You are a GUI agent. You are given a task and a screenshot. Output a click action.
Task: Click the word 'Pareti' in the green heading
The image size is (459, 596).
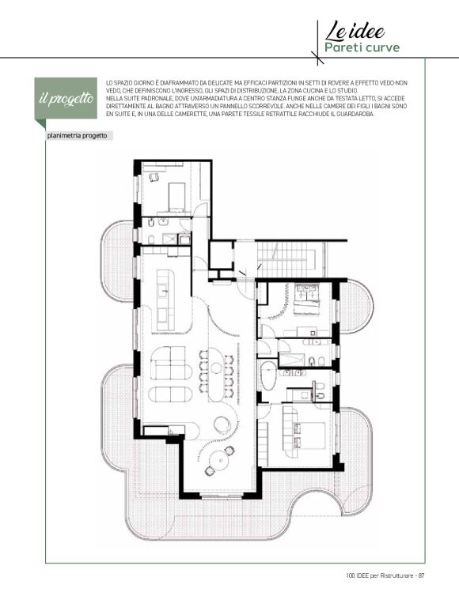coord(340,47)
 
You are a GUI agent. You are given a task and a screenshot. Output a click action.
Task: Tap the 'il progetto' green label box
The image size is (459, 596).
coord(66,98)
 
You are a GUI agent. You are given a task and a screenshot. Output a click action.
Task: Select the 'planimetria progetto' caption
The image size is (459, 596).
coord(77,135)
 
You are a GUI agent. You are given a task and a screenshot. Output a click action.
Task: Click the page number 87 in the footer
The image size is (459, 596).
coord(421,575)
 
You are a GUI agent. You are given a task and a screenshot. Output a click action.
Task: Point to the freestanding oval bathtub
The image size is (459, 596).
coord(268,375)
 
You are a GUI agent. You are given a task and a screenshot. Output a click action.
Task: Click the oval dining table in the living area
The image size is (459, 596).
coord(216,375)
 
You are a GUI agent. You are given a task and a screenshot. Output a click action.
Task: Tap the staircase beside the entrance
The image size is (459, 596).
coord(286,258)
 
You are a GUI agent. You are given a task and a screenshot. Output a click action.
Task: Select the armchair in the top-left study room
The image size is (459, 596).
coord(154,177)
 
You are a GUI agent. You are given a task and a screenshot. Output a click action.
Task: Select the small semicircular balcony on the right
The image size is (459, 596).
coord(356,307)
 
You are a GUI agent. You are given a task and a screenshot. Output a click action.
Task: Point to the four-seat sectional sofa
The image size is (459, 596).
coord(171,363)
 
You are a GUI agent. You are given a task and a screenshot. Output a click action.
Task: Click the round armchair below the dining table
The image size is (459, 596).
coord(222,425)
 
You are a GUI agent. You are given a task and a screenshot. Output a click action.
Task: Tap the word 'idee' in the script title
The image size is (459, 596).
coord(366,32)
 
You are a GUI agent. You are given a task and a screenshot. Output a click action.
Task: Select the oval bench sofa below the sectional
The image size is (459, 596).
coord(170,394)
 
